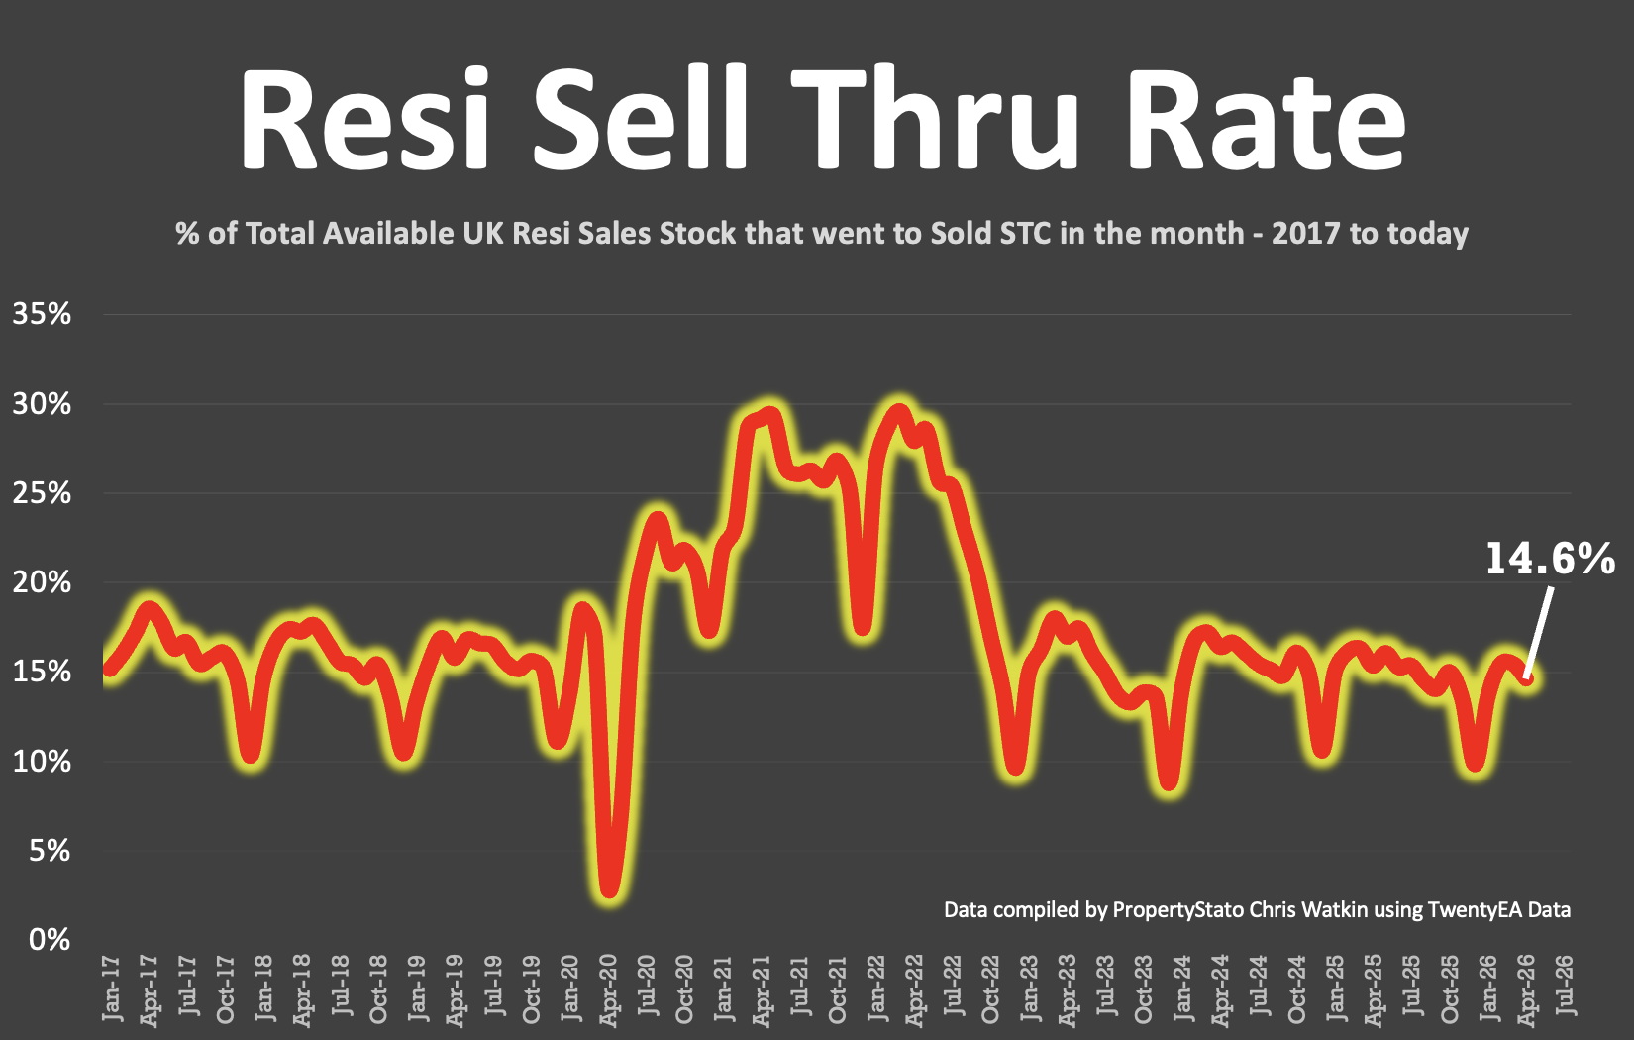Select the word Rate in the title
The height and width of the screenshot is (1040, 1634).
(1265, 119)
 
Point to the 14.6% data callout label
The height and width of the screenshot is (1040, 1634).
(1550, 559)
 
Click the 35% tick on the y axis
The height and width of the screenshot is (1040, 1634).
(43, 314)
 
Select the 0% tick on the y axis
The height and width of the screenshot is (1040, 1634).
(50, 940)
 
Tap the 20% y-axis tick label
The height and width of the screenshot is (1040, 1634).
(43, 582)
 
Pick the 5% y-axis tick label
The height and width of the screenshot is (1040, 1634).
(50, 851)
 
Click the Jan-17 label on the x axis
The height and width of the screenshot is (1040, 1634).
(111, 988)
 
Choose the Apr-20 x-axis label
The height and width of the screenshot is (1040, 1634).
(608, 988)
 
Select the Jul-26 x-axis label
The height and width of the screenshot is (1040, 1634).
(1565, 986)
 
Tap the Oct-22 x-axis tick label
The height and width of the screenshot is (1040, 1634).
(990, 988)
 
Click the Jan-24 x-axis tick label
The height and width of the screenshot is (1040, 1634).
(1181, 988)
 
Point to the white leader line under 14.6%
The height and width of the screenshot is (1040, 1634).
(1539, 634)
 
